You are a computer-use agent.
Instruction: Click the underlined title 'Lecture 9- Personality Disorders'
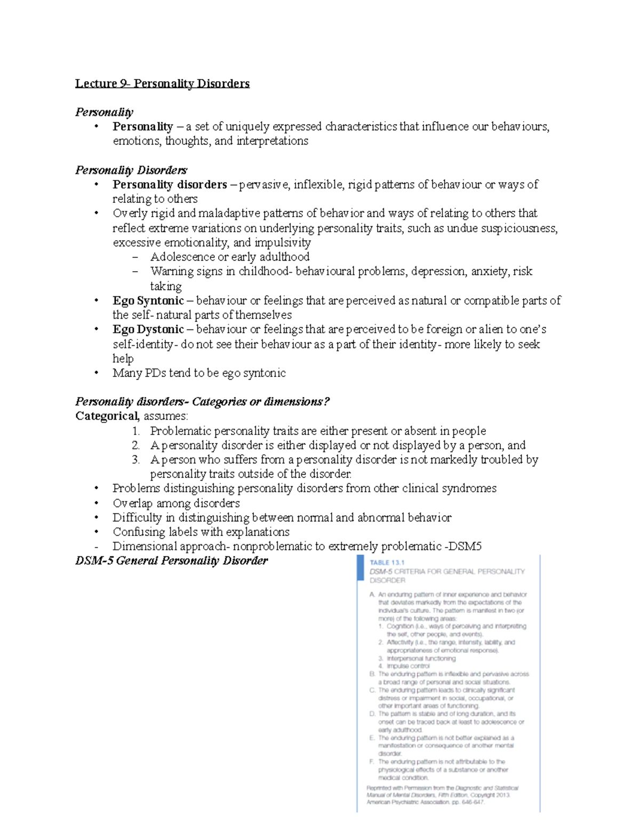tap(162, 83)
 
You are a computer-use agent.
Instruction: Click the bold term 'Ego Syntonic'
tap(148, 301)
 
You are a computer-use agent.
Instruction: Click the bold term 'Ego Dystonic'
tap(148, 329)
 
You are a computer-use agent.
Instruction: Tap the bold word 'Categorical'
tap(107, 416)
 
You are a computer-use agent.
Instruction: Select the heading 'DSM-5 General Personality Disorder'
tap(171, 560)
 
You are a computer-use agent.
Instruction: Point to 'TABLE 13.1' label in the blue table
tap(387, 562)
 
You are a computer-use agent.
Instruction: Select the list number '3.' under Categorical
tap(136, 460)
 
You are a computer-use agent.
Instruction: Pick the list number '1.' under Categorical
tap(136, 431)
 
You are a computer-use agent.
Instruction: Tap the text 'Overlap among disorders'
tap(176, 503)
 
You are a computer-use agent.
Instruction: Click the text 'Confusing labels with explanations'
tap(201, 532)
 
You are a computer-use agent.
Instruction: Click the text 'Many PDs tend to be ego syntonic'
tap(199, 373)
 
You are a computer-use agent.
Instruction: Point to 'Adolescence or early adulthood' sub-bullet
tap(229, 257)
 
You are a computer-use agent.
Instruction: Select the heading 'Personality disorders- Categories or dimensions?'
tap(203, 401)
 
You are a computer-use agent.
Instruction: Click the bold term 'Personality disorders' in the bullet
tap(170, 185)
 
